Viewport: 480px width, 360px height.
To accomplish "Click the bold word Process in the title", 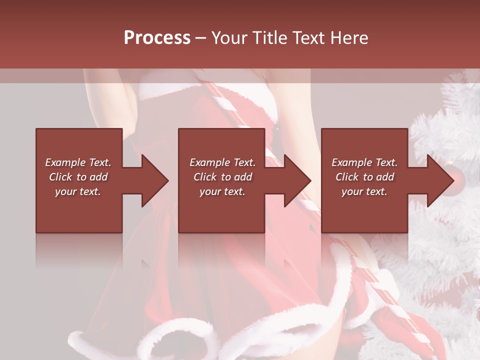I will (157, 37).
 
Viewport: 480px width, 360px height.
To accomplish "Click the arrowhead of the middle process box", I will (296, 180).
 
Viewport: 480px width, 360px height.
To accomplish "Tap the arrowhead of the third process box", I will (439, 180).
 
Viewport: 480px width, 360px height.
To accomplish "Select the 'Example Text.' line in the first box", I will (78, 162).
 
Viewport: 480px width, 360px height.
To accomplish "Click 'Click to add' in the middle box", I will (222, 177).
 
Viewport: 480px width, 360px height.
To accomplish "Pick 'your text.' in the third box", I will (364, 191).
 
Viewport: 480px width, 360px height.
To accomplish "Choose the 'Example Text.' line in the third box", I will (364, 162).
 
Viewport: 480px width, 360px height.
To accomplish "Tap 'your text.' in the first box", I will (78, 191).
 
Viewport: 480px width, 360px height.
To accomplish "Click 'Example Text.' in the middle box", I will (222, 162).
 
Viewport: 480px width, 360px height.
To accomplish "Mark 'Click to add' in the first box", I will (78, 177).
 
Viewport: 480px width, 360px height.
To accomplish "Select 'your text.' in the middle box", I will (222, 191).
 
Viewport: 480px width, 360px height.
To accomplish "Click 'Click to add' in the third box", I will (364, 177).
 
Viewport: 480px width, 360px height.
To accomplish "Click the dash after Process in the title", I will (200, 38).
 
